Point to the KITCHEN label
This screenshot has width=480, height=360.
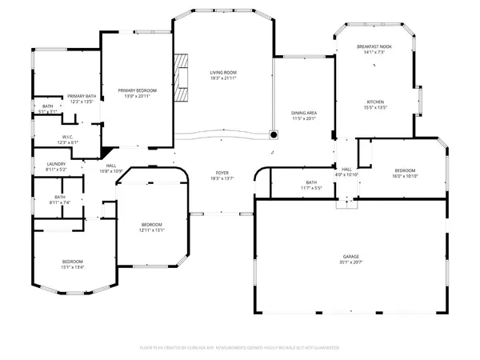tap(376, 102)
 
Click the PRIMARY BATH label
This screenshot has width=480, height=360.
tap(82, 96)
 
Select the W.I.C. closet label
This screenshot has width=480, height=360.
tap(68, 137)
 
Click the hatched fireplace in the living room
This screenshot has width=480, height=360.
tap(185, 78)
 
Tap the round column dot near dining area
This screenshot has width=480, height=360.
tap(273, 134)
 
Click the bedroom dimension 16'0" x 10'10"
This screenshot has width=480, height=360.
tap(405, 176)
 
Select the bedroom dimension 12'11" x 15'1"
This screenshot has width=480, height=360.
tap(152, 230)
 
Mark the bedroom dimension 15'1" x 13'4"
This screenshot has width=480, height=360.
tap(73, 267)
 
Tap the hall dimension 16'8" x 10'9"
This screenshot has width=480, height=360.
tap(110, 171)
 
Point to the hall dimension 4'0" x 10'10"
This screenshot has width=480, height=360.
tap(347, 175)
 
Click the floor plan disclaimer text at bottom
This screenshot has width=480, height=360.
tap(240, 348)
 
